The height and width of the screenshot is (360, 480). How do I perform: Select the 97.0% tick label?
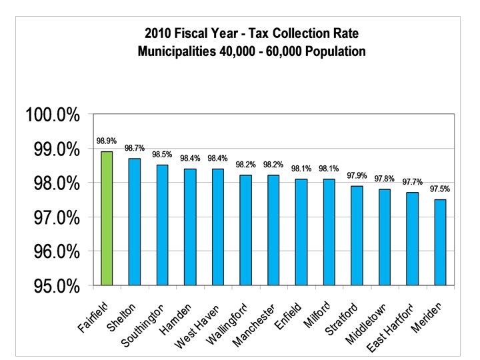point(53,217)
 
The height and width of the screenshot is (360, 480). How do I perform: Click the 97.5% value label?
point(440,189)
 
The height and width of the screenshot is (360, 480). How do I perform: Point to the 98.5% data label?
point(162,154)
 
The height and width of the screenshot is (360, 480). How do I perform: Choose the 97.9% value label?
point(357,175)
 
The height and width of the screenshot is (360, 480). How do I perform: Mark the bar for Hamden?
point(190,227)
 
